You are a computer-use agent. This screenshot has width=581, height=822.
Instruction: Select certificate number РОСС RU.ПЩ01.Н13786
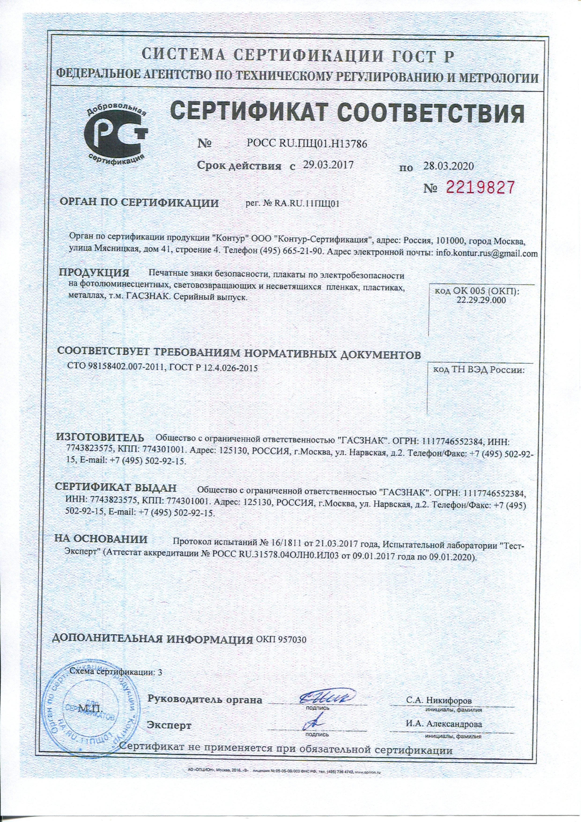click(x=307, y=144)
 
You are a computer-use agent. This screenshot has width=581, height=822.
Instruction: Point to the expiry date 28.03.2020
click(x=448, y=166)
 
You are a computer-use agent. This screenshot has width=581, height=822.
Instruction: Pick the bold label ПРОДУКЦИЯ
click(x=94, y=273)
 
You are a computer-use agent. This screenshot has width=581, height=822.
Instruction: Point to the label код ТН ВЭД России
click(x=479, y=370)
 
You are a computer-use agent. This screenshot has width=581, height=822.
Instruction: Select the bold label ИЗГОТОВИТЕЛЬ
click(x=100, y=438)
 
